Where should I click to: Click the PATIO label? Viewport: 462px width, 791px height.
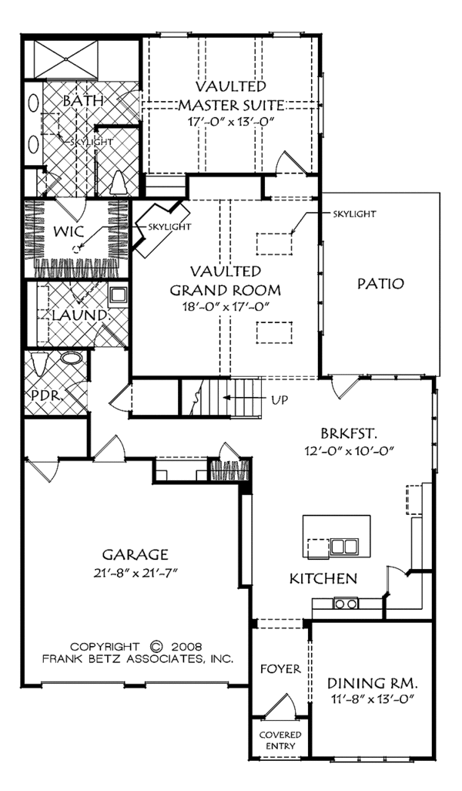click(380, 284)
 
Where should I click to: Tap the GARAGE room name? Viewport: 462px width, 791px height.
click(135, 555)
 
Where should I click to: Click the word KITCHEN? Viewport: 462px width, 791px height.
click(323, 578)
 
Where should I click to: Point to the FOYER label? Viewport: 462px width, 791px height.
click(280, 669)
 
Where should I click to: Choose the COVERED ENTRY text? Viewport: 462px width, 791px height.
click(280, 741)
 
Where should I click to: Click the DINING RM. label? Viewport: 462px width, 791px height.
click(373, 684)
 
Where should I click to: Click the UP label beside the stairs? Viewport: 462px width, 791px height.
click(280, 400)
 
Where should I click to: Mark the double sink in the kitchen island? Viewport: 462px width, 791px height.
click(344, 547)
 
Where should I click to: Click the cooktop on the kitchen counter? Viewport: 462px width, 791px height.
click(346, 603)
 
